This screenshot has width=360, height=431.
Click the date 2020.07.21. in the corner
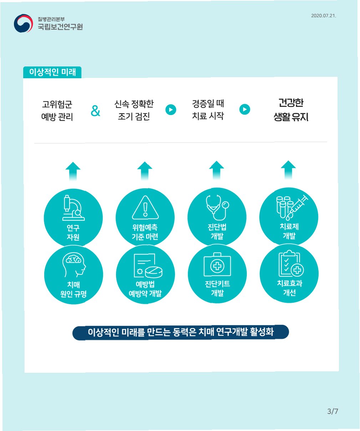[x=323, y=16]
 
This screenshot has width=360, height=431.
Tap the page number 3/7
[x=332, y=411]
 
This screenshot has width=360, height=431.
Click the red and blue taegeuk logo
[x=23, y=23]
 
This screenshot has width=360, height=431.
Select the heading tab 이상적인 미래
[x=52, y=72]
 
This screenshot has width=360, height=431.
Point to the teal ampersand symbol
[x=95, y=111]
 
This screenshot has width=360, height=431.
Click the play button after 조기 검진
[x=171, y=110]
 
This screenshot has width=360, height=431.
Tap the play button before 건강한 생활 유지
[x=245, y=109]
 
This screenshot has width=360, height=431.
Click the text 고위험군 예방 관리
[x=57, y=110]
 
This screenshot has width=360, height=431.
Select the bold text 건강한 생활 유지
[x=291, y=110]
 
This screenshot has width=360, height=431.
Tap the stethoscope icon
[x=217, y=207]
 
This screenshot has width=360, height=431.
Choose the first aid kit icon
[x=217, y=265]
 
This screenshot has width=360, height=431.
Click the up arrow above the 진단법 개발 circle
[x=217, y=170]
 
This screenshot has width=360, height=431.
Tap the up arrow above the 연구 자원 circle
[x=73, y=171]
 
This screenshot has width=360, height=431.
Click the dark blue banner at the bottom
[x=181, y=332]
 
